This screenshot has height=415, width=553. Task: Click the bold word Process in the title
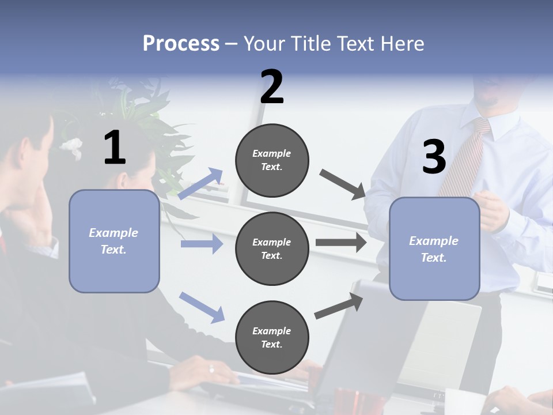coord(181,44)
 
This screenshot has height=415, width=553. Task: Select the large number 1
coord(115,148)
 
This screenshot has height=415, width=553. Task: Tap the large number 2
coord(272,86)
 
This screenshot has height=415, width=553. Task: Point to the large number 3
coord(434,157)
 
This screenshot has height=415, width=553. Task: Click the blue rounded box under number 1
coord(114,241)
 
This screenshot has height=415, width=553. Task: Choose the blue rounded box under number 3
coord(434,249)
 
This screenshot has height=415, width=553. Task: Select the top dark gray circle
coord(272,160)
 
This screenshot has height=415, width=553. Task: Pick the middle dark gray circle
coord(272,249)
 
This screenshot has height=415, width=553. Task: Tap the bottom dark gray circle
coord(272,338)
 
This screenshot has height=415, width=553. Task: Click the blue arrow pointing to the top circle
coord(200,184)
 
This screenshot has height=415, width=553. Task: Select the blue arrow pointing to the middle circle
coord(202,244)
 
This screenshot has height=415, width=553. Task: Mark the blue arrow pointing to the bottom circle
coord(202,307)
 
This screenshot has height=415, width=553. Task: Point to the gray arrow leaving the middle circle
coord(341,243)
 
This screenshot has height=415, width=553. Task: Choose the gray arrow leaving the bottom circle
coord(339,306)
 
